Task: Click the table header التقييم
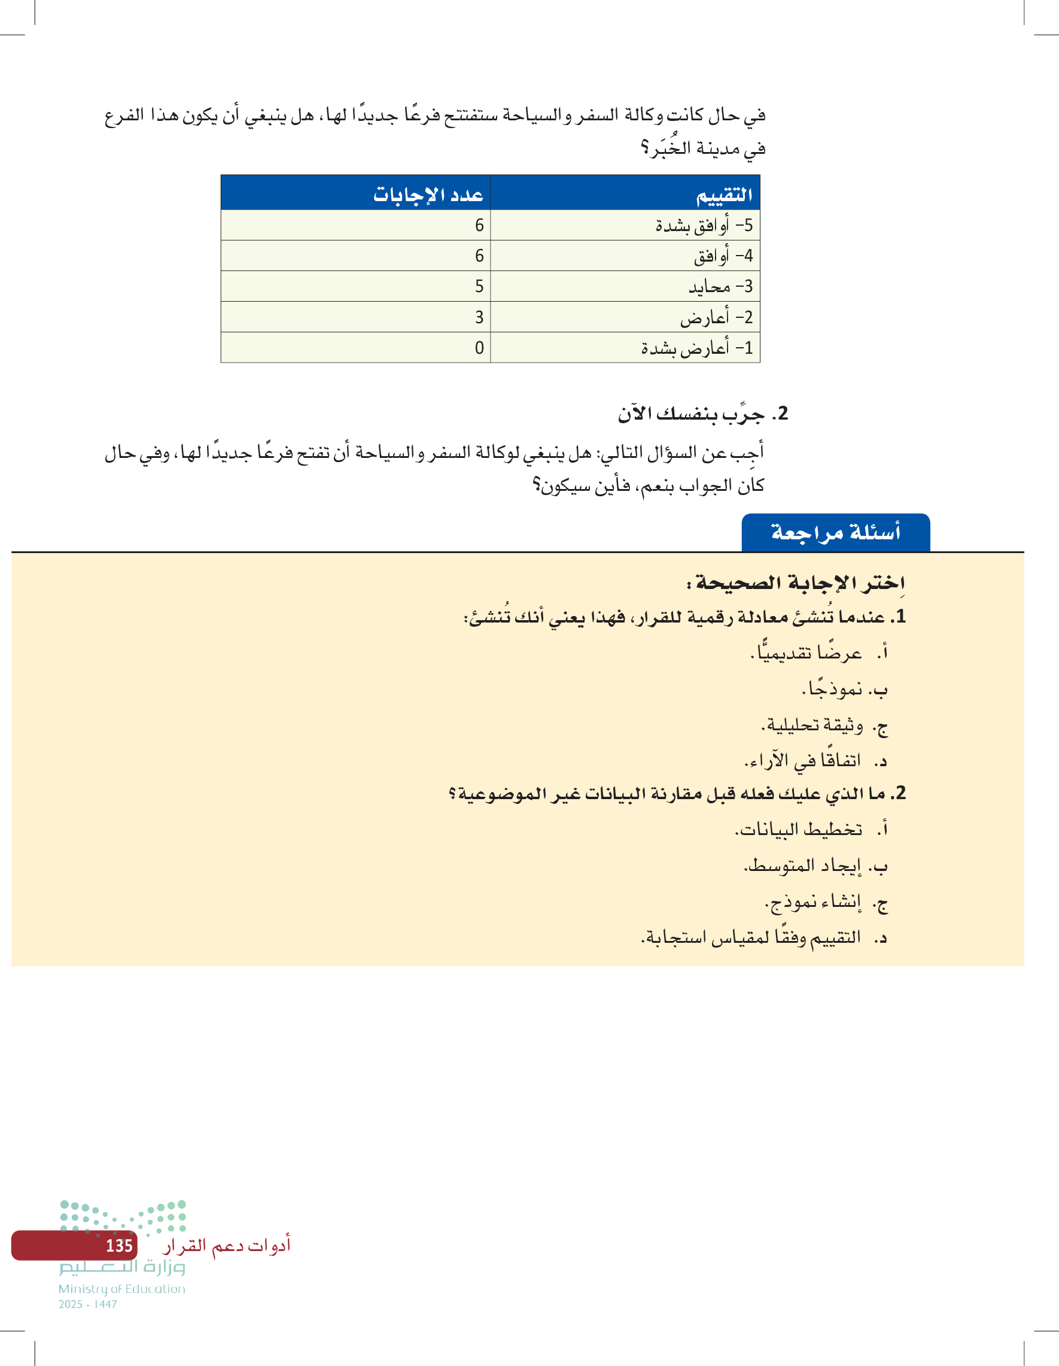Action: [x=724, y=195]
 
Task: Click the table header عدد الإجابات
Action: [x=428, y=195]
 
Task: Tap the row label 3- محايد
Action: [x=720, y=287]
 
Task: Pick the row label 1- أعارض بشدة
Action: [x=696, y=348]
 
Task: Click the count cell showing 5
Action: [x=479, y=287]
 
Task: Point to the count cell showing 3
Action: [x=479, y=317]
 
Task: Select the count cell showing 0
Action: [x=479, y=348]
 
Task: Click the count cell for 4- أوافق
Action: [x=479, y=256]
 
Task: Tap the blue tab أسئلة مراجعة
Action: [x=835, y=533]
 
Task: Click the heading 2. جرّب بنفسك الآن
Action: [x=702, y=414]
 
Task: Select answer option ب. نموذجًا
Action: [x=844, y=689]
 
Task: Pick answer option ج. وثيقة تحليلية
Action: [x=824, y=726]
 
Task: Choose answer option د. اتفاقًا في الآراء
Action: [x=815, y=761]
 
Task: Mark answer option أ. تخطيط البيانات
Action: [x=811, y=830]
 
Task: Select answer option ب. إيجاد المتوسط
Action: [x=815, y=866]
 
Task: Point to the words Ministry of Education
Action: [x=122, y=1289]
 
